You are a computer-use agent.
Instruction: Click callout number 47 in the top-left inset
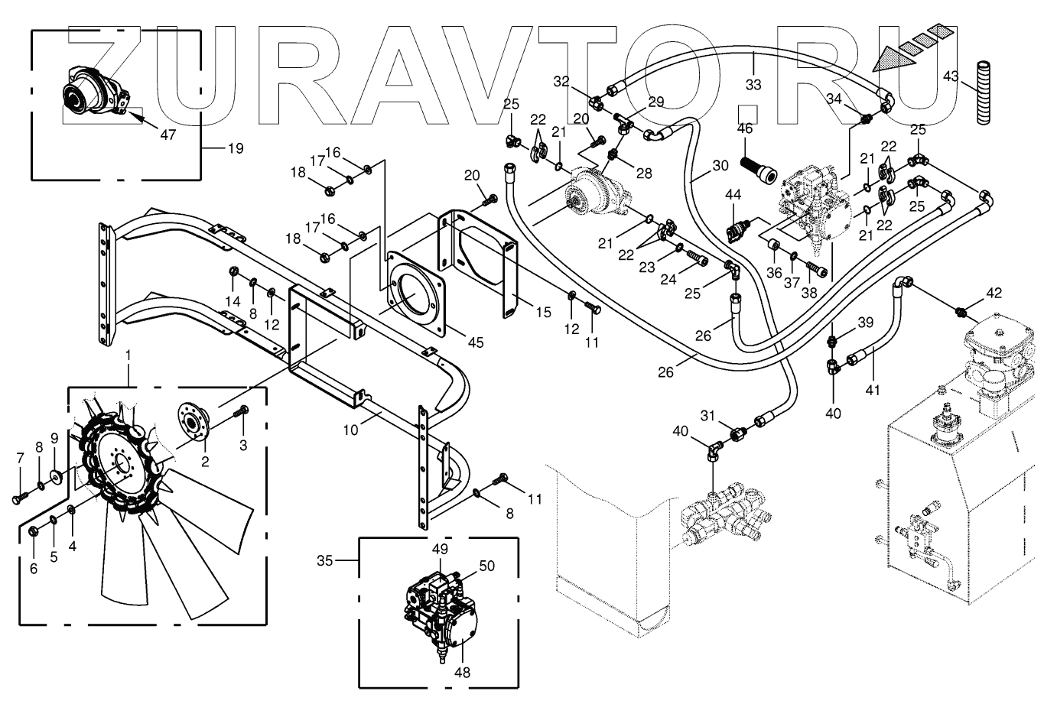[167, 135]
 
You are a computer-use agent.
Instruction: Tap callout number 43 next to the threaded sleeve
[951, 76]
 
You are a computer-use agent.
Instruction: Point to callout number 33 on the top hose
[753, 84]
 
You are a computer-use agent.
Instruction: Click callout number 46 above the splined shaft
[746, 128]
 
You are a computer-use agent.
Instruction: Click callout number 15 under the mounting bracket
[542, 312]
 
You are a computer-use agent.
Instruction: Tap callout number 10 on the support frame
[350, 430]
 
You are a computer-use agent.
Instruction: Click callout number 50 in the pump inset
[487, 566]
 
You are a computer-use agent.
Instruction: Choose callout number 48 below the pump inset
[462, 673]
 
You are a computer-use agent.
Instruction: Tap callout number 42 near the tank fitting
[994, 293]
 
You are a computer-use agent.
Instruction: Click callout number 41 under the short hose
[873, 390]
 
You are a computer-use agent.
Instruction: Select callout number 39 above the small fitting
[864, 322]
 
